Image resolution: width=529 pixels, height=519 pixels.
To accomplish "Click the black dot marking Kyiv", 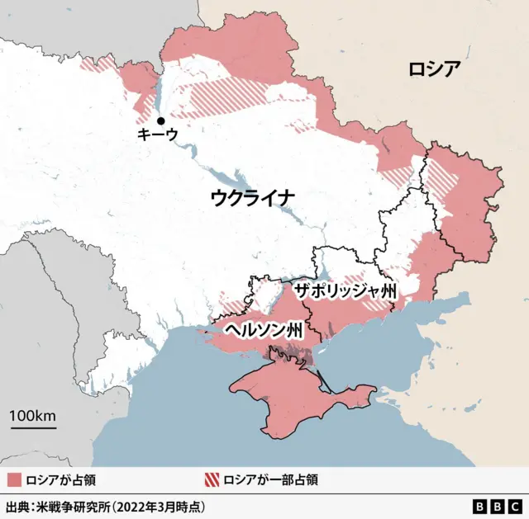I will (x=160, y=120).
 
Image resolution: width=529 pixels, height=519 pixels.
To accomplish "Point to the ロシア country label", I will (x=433, y=69).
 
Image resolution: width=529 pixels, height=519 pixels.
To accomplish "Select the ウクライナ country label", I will (x=252, y=197).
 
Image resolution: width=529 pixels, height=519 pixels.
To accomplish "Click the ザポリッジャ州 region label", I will (x=346, y=291).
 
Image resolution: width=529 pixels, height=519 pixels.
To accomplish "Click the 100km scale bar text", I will (x=34, y=415).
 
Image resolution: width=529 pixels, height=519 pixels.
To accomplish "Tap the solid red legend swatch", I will (x=13, y=479).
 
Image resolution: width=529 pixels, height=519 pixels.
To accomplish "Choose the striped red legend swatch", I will (x=212, y=479).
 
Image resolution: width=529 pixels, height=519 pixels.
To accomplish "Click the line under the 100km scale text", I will (x=34, y=427).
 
